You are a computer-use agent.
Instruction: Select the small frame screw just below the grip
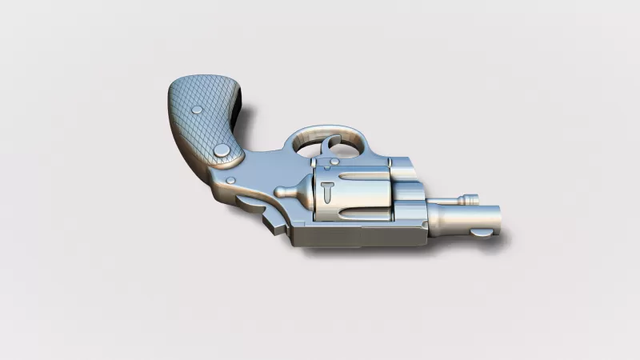click(230, 180)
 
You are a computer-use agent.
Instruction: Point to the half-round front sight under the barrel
click(482, 234)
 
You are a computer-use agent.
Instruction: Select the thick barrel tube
click(460, 218)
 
